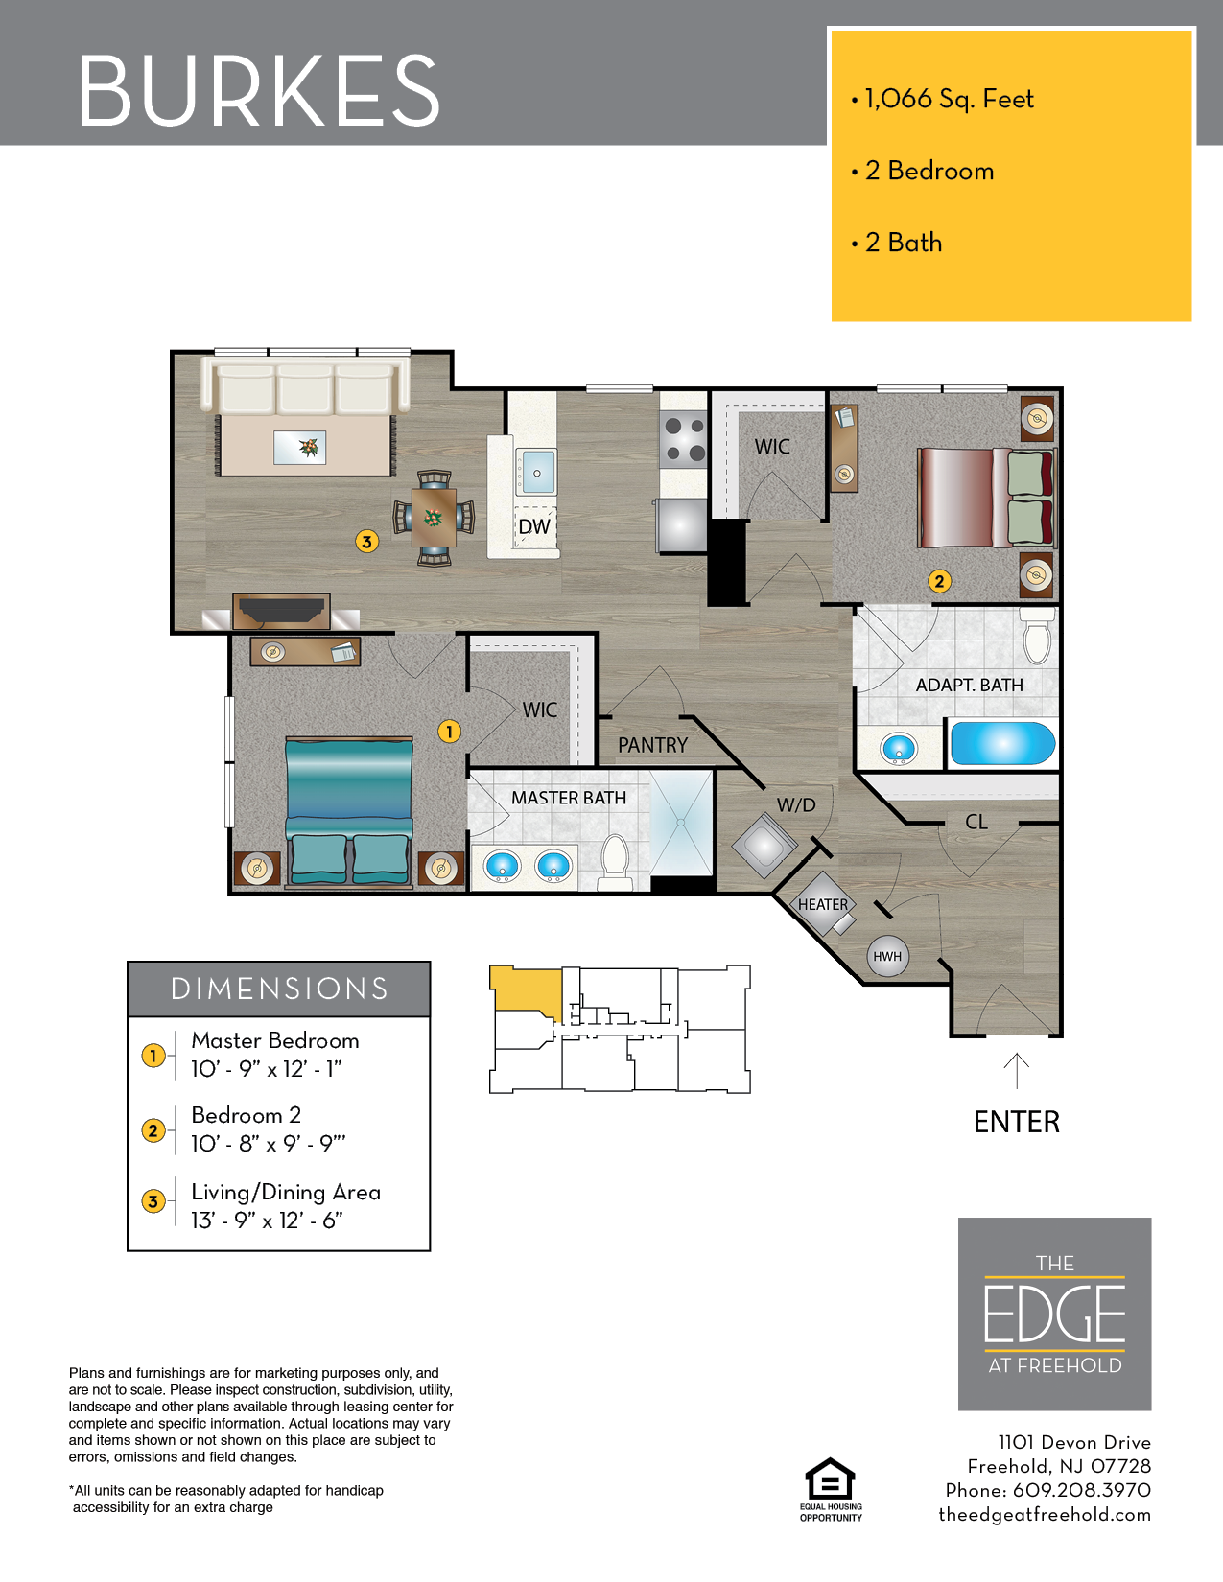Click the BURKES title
click(x=259, y=90)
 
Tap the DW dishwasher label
click(x=534, y=526)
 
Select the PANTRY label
click(x=652, y=745)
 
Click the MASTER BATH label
click(x=569, y=798)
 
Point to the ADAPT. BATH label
click(x=970, y=686)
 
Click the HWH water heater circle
click(x=887, y=956)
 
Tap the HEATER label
click(x=823, y=904)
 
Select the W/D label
click(x=796, y=805)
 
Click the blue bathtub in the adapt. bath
click(x=1002, y=743)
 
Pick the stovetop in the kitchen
click(x=683, y=439)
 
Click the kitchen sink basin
click(x=537, y=473)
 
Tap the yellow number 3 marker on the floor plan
click(x=366, y=542)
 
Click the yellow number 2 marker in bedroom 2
click(x=940, y=581)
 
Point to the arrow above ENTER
click(x=1016, y=1071)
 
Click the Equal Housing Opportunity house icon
click(x=831, y=1478)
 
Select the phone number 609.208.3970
click(x=1082, y=1490)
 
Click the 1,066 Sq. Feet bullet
click(x=943, y=99)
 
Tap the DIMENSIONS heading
click(x=279, y=989)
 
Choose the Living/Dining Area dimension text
click(x=286, y=1205)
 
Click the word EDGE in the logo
click(x=1055, y=1314)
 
